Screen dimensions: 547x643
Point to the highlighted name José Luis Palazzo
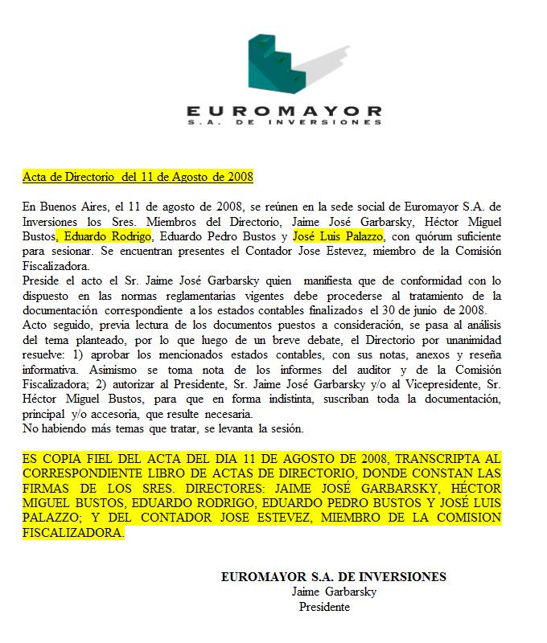tap(339, 236)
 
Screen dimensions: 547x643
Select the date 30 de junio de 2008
tap(435, 310)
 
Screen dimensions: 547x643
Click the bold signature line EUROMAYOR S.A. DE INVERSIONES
tap(333, 577)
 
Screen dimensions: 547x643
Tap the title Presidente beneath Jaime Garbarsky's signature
tap(324, 607)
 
